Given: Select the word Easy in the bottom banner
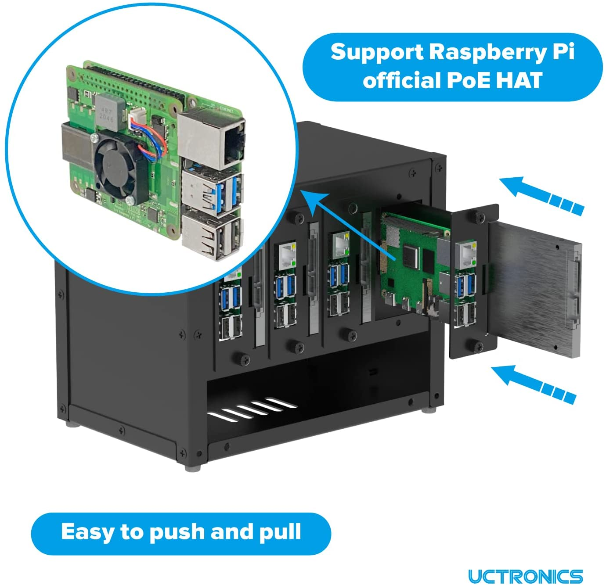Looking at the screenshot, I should coord(87,532).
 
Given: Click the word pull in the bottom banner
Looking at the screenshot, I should coord(280,532).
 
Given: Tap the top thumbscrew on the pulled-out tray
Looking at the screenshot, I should coord(476,216).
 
